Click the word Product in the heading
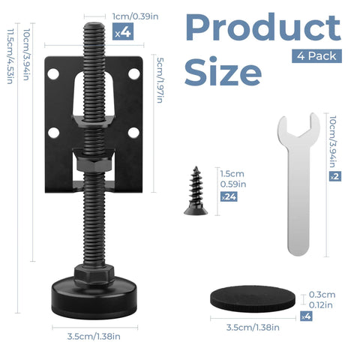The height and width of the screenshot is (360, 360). click(x=262, y=28)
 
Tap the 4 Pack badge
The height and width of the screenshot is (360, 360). click(x=317, y=55)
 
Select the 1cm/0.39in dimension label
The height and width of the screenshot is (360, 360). click(x=134, y=16)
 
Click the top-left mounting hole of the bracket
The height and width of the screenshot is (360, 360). click(x=55, y=74)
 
